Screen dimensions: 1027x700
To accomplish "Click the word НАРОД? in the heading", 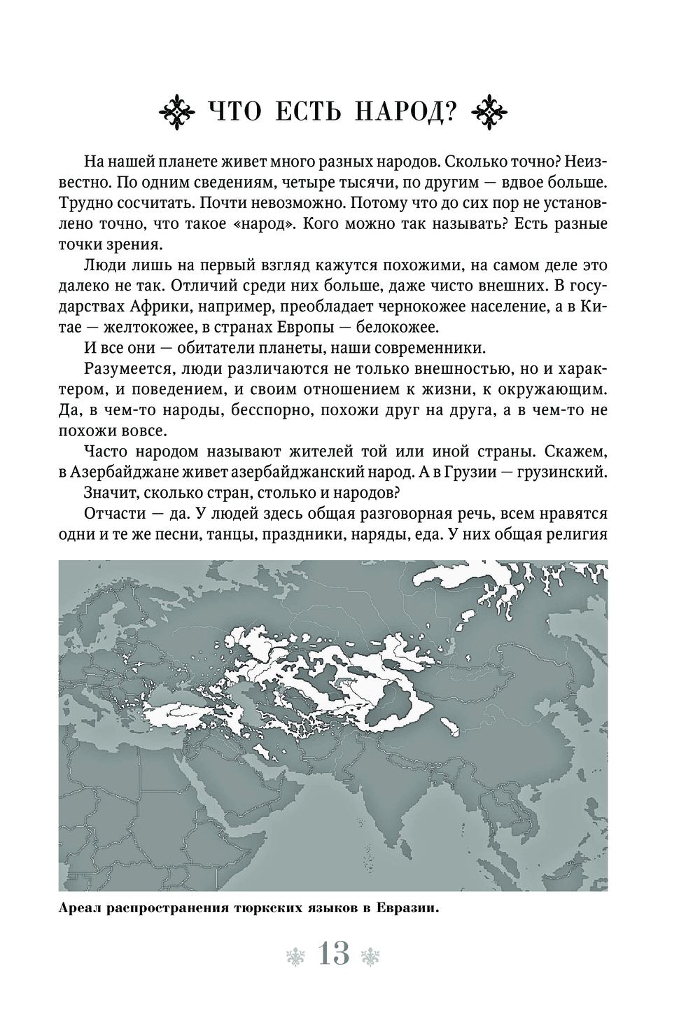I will coord(400,111).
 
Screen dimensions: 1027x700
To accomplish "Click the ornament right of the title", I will coord(493,111).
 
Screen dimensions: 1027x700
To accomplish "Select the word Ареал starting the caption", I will coord(78,909).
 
